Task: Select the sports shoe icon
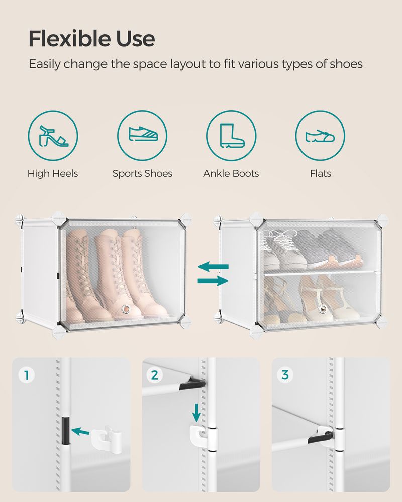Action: pyautogui.click(x=142, y=136)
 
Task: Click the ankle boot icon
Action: pyautogui.click(x=231, y=136)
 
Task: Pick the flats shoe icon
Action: pyautogui.click(x=320, y=136)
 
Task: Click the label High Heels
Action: pyautogui.click(x=53, y=174)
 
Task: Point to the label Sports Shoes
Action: pyautogui.click(x=142, y=174)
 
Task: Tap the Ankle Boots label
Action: pyautogui.click(x=231, y=174)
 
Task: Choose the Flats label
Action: pyautogui.click(x=320, y=174)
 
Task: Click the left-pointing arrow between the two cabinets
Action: pyautogui.click(x=213, y=266)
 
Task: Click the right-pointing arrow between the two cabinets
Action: pyautogui.click(x=213, y=281)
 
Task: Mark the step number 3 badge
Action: pyautogui.click(x=285, y=375)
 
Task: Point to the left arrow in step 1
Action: pyautogui.click(x=82, y=431)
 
